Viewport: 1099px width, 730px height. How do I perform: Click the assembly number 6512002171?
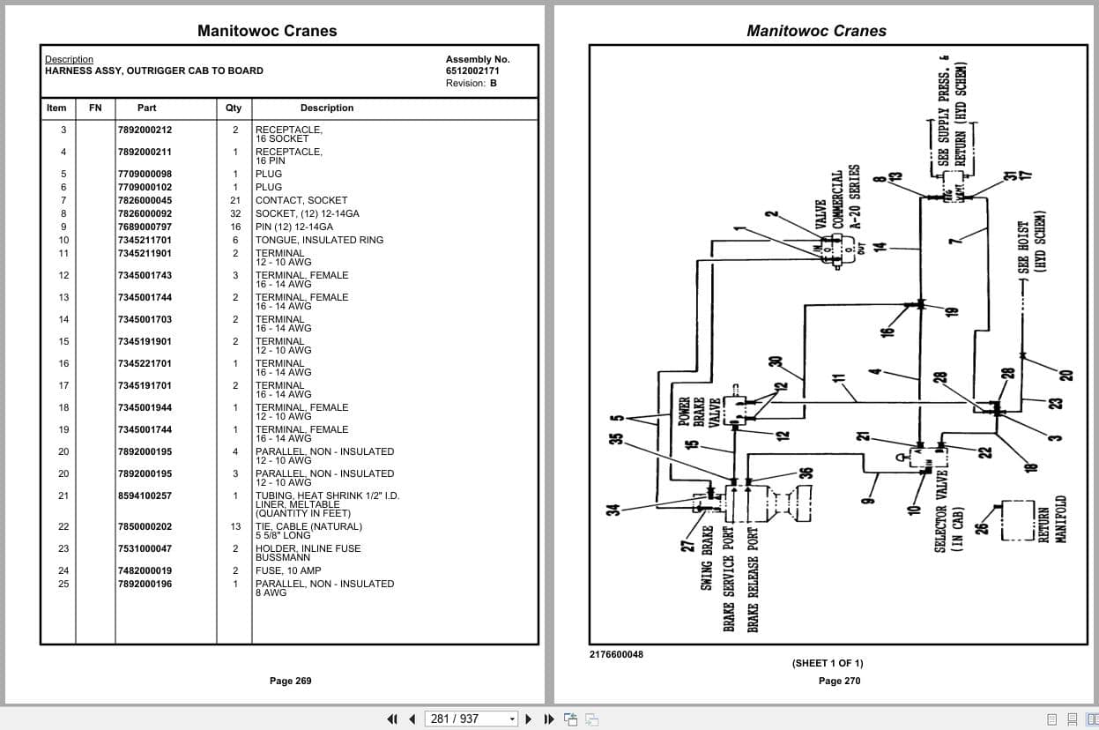[472, 71]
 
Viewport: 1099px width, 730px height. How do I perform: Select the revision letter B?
[494, 83]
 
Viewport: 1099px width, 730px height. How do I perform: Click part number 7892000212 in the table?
[145, 130]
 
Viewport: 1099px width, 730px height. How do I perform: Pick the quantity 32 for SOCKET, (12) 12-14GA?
[235, 213]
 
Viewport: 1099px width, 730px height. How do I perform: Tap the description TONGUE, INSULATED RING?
[307, 240]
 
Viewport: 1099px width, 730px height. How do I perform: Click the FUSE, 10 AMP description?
[288, 570]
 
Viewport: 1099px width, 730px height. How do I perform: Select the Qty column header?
[234, 108]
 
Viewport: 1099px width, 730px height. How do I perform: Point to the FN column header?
[95, 108]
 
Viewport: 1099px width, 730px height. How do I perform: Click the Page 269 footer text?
[290, 681]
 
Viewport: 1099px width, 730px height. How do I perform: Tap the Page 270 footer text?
[839, 681]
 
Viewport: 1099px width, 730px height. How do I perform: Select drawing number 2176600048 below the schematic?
[616, 654]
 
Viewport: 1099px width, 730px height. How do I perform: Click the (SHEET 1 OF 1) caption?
[827, 663]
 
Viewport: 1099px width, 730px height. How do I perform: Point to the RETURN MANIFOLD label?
[1052, 519]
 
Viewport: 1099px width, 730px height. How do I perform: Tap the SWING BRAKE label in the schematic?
[707, 558]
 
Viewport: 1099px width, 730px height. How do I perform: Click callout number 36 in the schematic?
[804, 473]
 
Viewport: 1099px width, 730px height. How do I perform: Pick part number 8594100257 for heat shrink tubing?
[145, 495]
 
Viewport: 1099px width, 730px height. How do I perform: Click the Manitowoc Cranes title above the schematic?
[816, 31]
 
